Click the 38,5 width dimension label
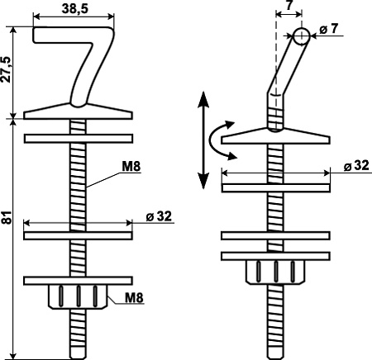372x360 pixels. point(75,8)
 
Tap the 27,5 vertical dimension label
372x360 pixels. point(6,69)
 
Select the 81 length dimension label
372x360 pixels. point(7,217)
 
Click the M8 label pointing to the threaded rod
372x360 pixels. point(131,167)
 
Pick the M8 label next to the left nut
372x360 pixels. point(134,297)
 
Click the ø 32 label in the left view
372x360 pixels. point(159,216)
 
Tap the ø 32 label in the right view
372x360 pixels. point(356,166)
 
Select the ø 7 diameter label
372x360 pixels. point(329,29)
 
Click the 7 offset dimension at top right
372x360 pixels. point(289,5)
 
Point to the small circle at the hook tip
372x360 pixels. point(301,36)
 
